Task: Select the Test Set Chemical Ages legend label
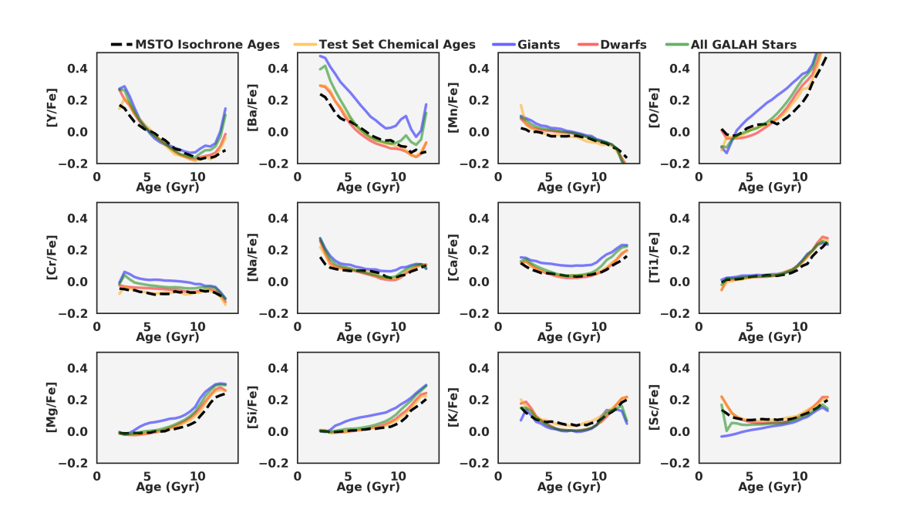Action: point(397,45)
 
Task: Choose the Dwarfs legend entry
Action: point(625,45)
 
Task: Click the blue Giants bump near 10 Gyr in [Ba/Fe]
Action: point(404,117)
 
